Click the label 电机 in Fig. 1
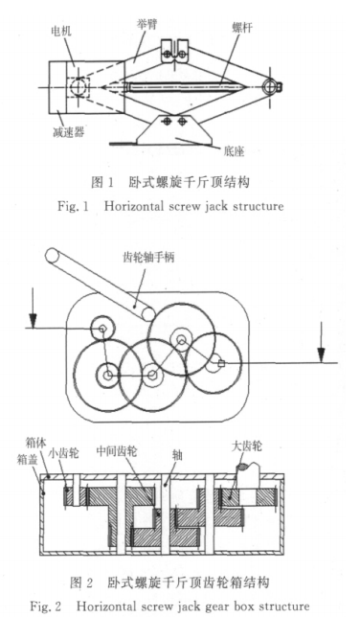point(62,31)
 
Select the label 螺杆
point(242,28)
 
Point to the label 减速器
point(69,132)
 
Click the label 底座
point(234,150)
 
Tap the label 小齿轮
point(64,453)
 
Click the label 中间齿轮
point(117,451)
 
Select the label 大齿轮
point(247,446)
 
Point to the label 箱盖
point(27,459)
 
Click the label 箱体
point(35,444)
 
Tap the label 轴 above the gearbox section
point(177,455)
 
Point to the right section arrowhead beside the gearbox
point(322,354)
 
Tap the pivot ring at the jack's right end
point(271,86)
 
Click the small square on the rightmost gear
point(221,363)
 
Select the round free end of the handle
point(52,255)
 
